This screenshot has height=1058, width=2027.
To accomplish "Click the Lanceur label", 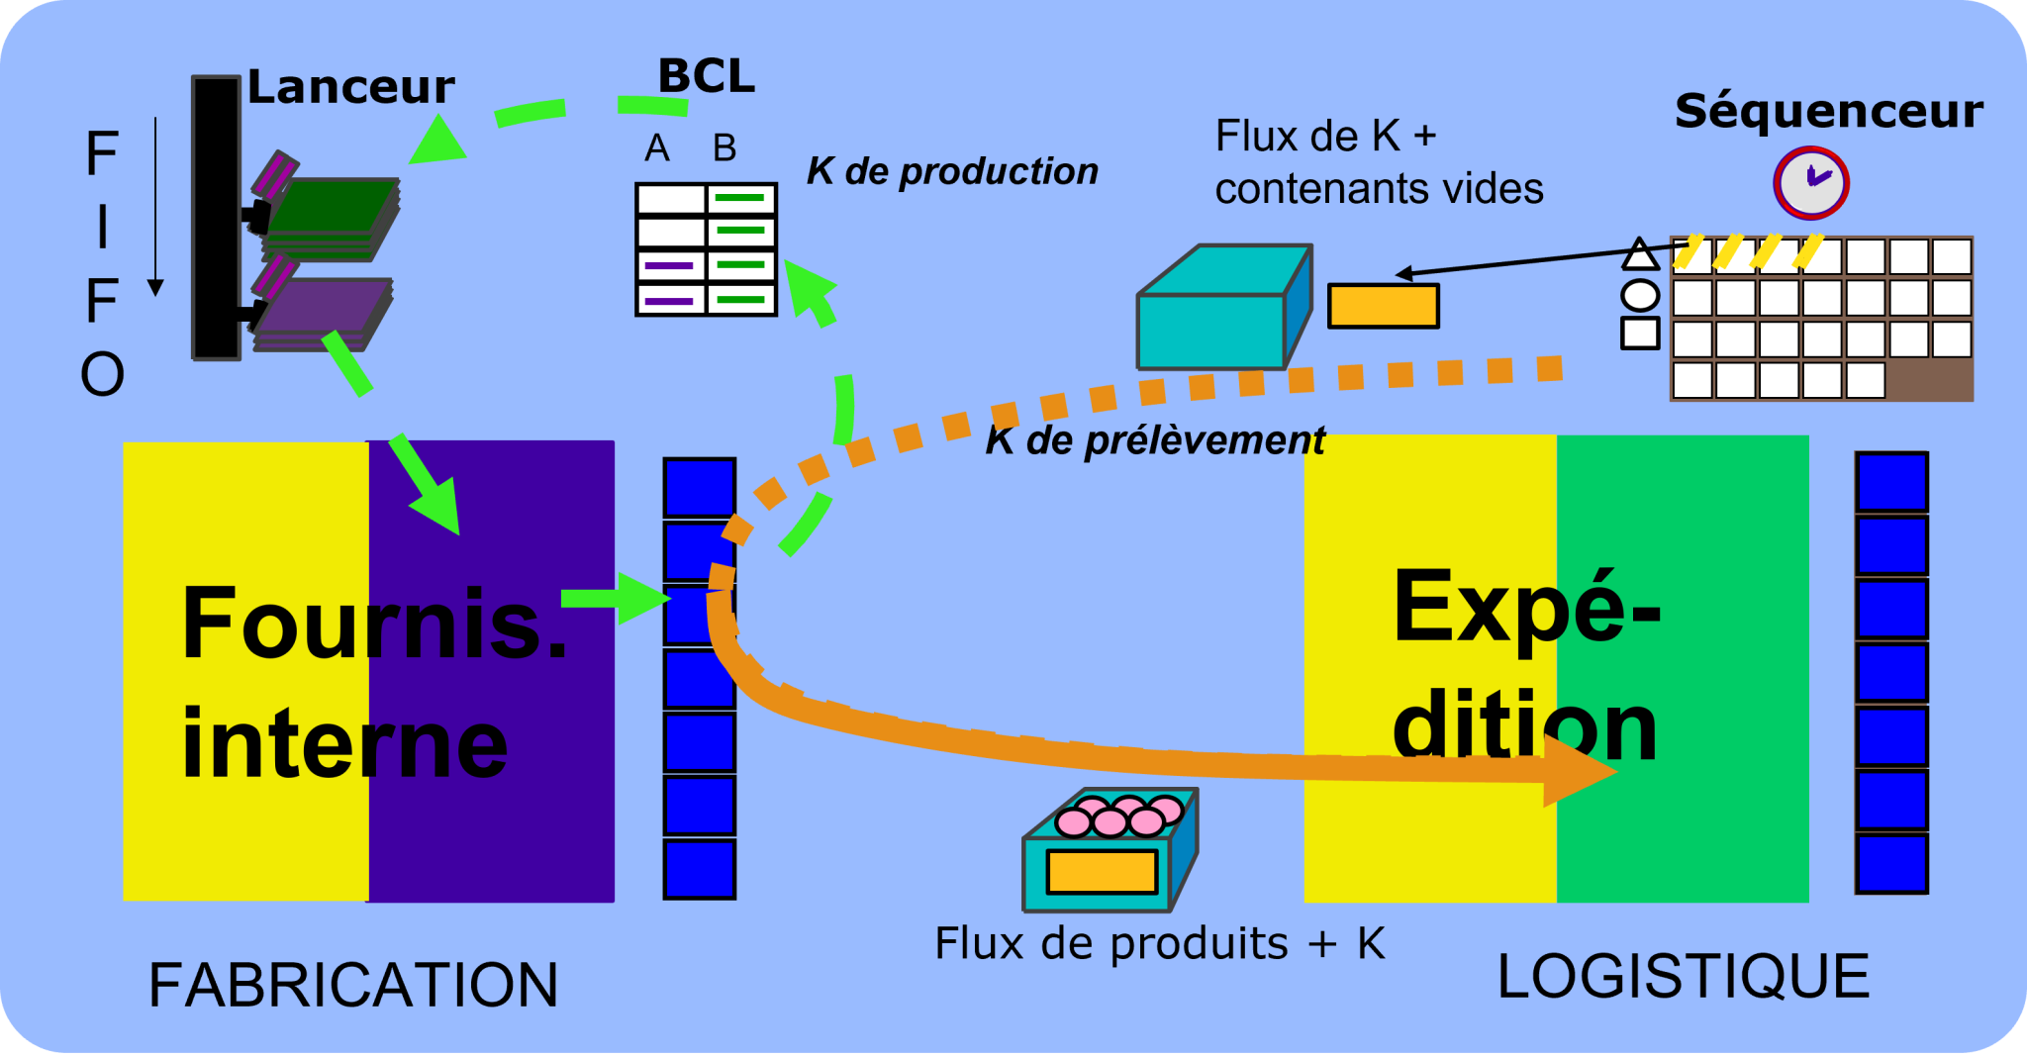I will (350, 87).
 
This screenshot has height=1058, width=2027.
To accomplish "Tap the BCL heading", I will (706, 76).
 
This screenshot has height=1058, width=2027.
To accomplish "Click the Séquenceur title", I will (1828, 111).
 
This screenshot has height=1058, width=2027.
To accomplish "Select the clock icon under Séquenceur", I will (1810, 182).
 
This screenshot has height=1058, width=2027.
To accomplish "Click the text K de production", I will (952, 171).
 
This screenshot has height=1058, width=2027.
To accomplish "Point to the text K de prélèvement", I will (1154, 440).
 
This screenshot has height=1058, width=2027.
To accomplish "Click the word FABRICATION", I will (353, 985).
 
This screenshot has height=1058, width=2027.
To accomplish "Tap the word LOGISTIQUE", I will (1683, 977).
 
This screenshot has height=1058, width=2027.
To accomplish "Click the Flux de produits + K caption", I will (1159, 943).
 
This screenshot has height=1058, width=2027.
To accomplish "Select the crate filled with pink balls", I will (1110, 851).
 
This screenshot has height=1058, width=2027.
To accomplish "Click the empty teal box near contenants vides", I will (1222, 310).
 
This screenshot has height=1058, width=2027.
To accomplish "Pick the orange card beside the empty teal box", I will (1383, 306).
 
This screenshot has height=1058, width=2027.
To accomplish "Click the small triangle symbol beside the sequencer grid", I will (1639, 255).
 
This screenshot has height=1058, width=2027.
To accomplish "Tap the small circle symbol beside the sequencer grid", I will (1639, 295).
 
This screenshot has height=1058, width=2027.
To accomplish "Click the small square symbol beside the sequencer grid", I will (1639, 334).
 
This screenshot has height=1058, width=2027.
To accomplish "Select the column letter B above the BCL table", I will (724, 148).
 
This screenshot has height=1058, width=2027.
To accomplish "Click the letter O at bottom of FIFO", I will (102, 374).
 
